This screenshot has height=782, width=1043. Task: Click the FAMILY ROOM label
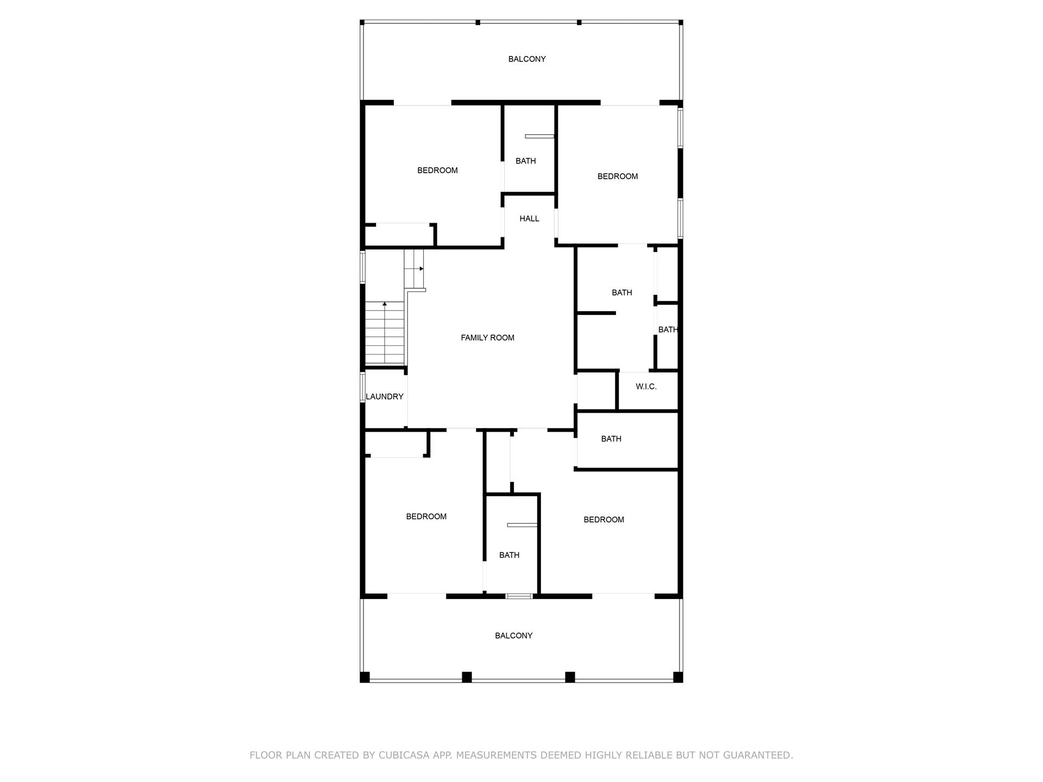(x=487, y=338)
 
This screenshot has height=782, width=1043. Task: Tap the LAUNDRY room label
(x=385, y=397)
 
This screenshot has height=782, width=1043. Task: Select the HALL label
(x=529, y=219)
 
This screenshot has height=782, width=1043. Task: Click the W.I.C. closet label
(x=646, y=387)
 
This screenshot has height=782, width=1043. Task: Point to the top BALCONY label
(x=527, y=59)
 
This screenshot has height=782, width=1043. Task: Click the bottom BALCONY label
(x=513, y=636)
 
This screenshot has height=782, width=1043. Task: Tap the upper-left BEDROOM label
(x=437, y=171)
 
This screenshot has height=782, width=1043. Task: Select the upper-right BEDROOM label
(x=618, y=176)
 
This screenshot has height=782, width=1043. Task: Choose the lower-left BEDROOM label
(x=426, y=516)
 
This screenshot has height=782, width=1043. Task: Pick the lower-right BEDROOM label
(x=604, y=520)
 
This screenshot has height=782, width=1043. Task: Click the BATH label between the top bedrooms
(x=525, y=161)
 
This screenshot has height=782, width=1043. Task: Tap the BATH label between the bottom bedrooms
(x=509, y=555)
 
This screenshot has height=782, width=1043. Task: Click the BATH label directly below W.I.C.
(x=611, y=439)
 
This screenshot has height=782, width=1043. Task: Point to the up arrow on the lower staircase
(x=385, y=304)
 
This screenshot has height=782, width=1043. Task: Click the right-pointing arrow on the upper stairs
(x=421, y=268)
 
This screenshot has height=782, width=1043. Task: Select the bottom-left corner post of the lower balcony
(x=365, y=677)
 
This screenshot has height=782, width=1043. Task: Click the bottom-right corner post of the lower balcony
(x=678, y=677)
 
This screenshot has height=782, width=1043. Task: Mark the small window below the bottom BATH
(x=519, y=596)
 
